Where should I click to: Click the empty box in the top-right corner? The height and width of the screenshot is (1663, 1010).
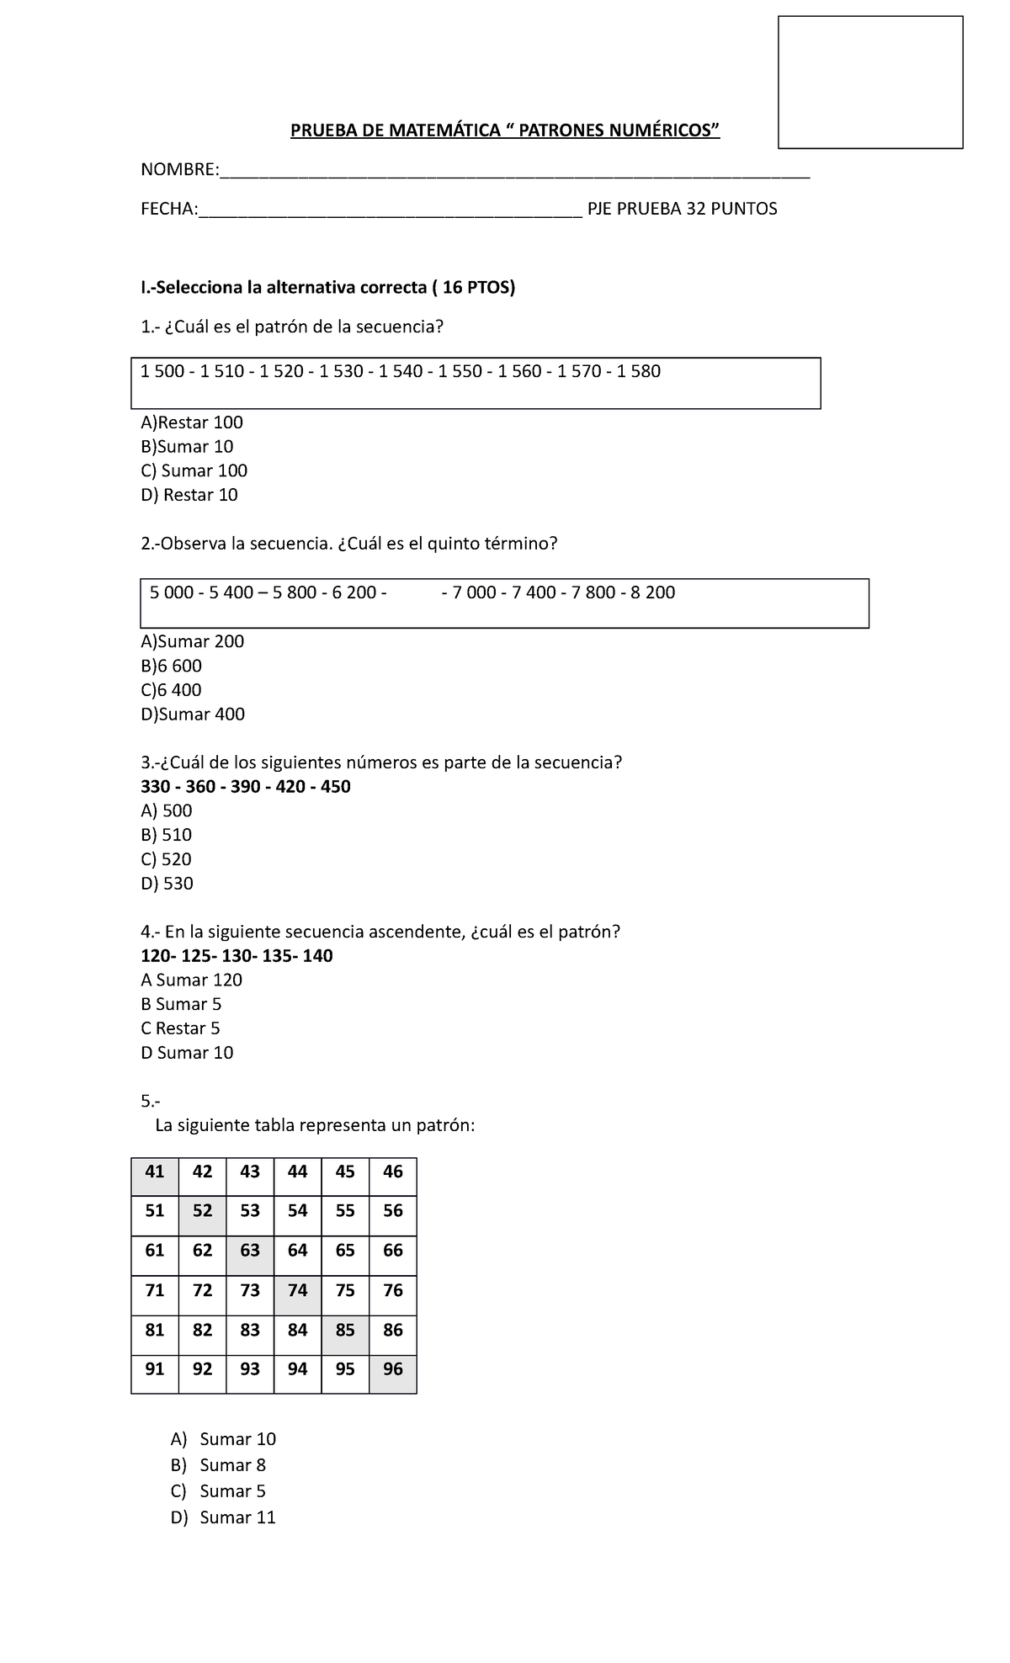pyautogui.click(x=870, y=82)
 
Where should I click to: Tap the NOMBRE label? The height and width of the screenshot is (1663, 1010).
pyautogui.click(x=178, y=170)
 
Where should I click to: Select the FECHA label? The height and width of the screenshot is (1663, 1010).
pyautogui.click(x=168, y=209)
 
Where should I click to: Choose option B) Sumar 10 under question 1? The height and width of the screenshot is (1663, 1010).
pyautogui.click(x=187, y=447)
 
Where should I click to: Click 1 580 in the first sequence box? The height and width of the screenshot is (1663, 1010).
pyautogui.click(x=639, y=371)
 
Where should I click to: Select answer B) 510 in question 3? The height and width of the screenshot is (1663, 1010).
pyautogui.click(x=167, y=835)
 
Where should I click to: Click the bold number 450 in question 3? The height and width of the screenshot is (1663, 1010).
pyautogui.click(x=336, y=787)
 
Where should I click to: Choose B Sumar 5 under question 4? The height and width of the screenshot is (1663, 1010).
pyautogui.click(x=181, y=1004)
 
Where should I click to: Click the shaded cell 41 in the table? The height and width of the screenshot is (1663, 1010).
pyautogui.click(x=155, y=1172)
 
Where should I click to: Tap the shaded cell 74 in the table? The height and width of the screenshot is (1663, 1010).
pyautogui.click(x=297, y=1291)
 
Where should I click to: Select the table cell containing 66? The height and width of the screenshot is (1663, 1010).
pyautogui.click(x=393, y=1251)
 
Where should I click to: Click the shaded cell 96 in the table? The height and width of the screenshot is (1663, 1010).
pyautogui.click(x=393, y=1369)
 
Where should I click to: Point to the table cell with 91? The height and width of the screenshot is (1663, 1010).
pyautogui.click(x=155, y=1369)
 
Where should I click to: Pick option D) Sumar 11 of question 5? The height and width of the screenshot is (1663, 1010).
pyautogui.click(x=223, y=1517)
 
